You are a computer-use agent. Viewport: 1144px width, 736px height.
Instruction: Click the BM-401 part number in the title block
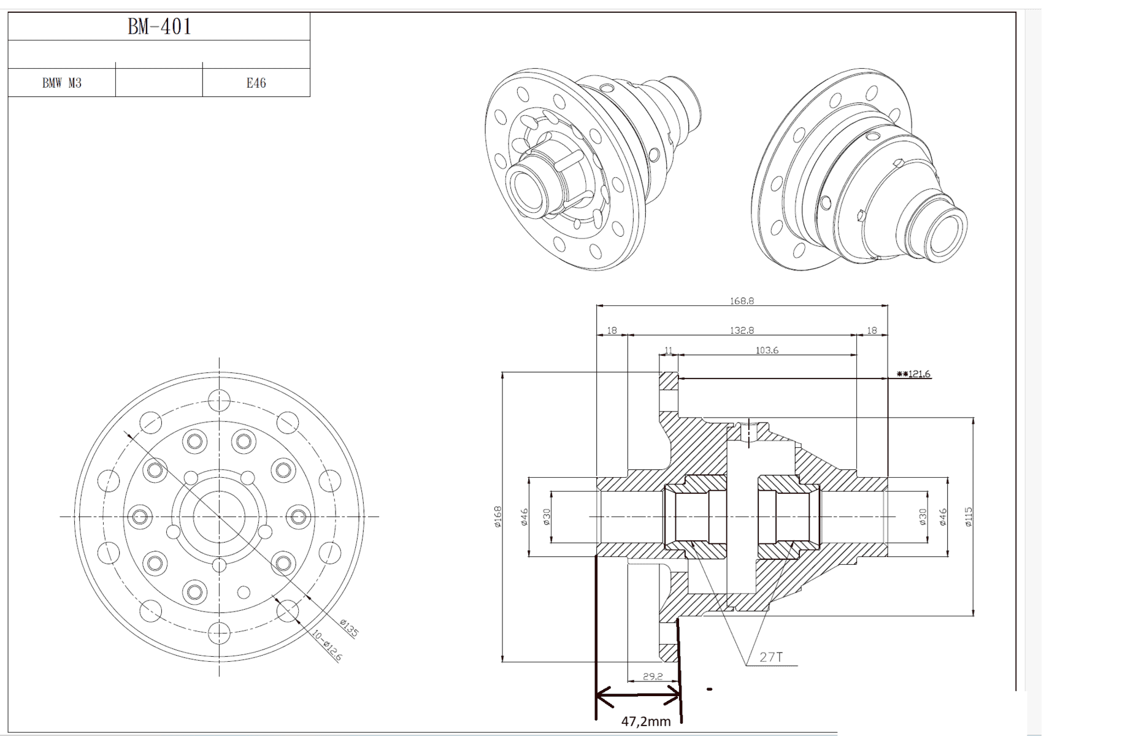[159, 26]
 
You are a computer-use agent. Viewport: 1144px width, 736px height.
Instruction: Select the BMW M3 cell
[61, 83]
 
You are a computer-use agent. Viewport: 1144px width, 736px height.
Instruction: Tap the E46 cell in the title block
[256, 83]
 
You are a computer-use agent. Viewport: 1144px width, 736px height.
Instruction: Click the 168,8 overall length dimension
[742, 301]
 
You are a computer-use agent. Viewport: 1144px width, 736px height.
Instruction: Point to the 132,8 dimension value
[742, 330]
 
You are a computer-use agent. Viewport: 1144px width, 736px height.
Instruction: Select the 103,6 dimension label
[767, 350]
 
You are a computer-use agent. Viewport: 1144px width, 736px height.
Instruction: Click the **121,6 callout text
[913, 374]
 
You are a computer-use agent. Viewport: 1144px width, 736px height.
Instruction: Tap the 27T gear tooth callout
[771, 657]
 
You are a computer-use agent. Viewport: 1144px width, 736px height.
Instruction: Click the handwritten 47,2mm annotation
[645, 722]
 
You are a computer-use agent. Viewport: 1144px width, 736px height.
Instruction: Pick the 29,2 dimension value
[653, 676]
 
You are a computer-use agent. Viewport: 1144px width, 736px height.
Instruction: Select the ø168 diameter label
[497, 516]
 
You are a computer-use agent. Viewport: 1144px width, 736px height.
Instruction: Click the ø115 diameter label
[968, 516]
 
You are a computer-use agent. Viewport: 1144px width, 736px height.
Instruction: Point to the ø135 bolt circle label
[349, 628]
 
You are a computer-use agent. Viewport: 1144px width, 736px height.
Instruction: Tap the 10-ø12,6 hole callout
[327, 646]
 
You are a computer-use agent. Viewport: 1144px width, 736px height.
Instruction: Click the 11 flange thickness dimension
[668, 350]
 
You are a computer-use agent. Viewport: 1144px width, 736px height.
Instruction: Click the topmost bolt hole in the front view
[219, 401]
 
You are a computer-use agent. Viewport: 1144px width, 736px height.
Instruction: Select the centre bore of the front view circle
[219, 516]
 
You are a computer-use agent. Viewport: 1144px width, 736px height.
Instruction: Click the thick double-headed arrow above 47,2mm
[638, 696]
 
